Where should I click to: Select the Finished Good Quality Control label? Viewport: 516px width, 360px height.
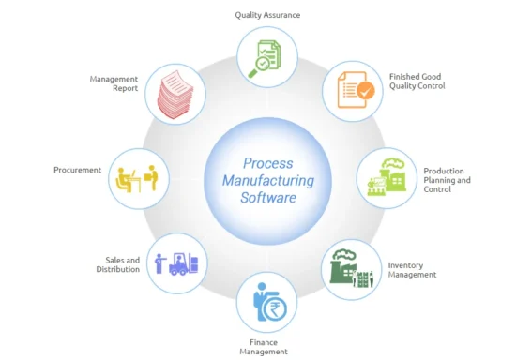(x=417, y=81)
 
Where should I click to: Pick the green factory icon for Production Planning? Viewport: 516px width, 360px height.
(x=386, y=175)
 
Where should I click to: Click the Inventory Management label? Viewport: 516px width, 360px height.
(x=412, y=270)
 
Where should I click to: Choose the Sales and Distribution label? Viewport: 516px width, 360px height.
(x=121, y=264)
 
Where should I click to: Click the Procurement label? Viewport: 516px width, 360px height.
(x=78, y=170)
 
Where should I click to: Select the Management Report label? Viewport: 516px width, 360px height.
(x=114, y=83)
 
